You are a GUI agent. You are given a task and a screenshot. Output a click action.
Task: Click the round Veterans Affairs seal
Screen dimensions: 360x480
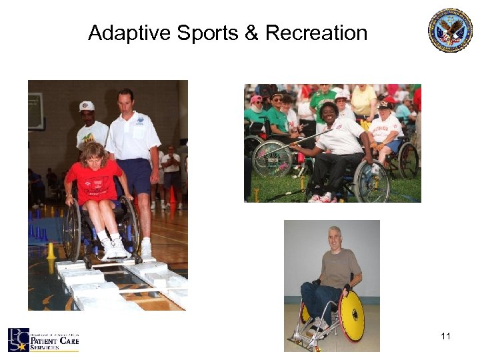450,30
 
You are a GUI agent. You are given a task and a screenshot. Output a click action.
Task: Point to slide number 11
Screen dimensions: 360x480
445,336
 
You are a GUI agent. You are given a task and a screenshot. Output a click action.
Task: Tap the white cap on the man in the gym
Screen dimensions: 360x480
87,106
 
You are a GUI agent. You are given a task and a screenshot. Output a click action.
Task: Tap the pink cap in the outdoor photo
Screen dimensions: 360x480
257,99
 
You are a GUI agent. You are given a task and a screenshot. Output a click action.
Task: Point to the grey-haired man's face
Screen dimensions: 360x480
335,239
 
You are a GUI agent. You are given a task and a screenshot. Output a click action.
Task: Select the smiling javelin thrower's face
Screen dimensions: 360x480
329,113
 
